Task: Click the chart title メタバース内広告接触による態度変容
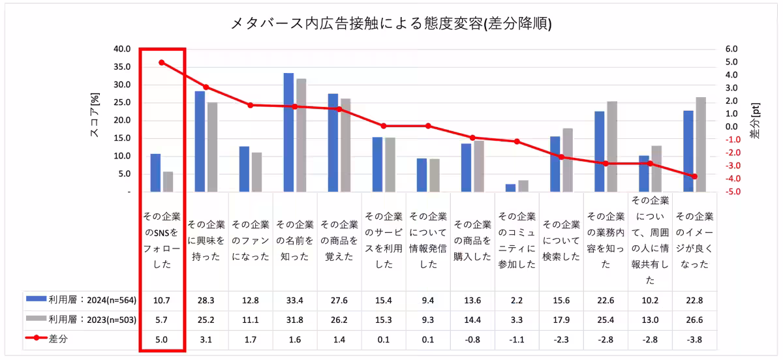tap(391, 24)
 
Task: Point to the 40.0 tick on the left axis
tap(123, 49)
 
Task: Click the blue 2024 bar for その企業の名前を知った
tap(288, 132)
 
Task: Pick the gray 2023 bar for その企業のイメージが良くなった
tap(701, 144)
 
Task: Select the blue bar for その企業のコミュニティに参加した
tap(510, 188)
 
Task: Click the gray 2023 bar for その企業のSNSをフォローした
tap(168, 182)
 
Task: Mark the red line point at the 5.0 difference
tap(162, 63)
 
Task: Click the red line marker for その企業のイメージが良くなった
tap(694, 177)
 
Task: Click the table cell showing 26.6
tap(694, 320)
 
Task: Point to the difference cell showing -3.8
tap(694, 339)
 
